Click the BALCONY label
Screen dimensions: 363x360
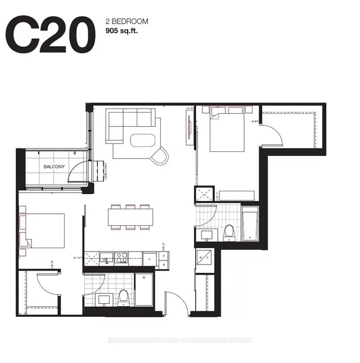55,167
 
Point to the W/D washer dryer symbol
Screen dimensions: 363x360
204,260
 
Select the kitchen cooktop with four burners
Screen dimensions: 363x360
121,258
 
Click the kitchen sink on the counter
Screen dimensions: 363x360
93,258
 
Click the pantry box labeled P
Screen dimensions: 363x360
164,255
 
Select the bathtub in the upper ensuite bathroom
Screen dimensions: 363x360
249,224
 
